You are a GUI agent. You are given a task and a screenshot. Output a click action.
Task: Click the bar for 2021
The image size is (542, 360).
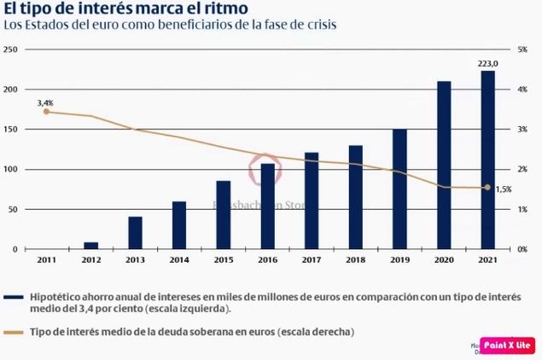(487, 160)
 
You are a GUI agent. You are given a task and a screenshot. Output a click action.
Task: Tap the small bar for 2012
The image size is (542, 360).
(90, 245)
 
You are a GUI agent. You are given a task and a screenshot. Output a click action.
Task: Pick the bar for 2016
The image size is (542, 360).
(267, 206)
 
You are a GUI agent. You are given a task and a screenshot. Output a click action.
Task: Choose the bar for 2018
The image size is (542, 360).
(356, 197)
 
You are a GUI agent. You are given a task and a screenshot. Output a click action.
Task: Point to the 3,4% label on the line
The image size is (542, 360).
(46, 102)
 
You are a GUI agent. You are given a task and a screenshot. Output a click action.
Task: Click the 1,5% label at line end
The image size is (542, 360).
(503, 189)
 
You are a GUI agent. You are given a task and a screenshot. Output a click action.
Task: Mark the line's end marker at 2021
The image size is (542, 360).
(487, 188)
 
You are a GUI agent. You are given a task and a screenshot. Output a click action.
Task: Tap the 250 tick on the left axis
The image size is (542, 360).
(11, 49)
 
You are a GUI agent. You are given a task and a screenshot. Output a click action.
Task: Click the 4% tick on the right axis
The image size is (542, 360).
(522, 90)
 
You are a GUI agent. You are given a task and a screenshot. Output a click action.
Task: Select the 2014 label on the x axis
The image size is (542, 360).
(179, 260)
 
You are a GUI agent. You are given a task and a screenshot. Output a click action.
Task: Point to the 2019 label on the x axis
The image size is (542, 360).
(399, 260)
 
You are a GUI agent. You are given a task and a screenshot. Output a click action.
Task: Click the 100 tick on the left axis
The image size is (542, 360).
(11, 170)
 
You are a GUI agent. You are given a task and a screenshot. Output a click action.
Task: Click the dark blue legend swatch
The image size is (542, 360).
(14, 297)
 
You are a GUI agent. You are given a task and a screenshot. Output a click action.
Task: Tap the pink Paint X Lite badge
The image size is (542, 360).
(509, 345)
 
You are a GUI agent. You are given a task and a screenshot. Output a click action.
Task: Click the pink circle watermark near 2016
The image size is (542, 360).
(264, 169)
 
